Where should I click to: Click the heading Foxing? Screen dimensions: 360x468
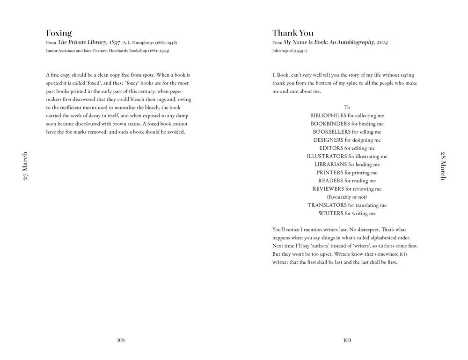pyautogui.click(x=59, y=33)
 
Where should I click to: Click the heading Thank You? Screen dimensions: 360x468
pyautogui.click(x=293, y=33)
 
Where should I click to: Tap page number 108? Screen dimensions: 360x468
pyautogui.click(x=121, y=340)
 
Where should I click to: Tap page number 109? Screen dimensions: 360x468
pyautogui.click(x=347, y=340)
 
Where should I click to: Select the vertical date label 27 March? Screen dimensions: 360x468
pyautogui.click(x=25, y=166)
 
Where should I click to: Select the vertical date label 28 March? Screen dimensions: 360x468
pyautogui.click(x=443, y=166)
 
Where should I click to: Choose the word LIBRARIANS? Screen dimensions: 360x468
pyautogui.click(x=331, y=165)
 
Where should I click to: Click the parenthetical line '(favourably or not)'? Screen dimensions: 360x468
pyautogui.click(x=347, y=197)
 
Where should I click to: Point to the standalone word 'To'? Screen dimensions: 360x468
pyautogui.click(x=347, y=108)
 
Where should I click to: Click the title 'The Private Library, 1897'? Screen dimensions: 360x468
pyautogui.click(x=89, y=43)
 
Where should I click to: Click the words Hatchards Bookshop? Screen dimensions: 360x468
pyautogui.click(x=135, y=51)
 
